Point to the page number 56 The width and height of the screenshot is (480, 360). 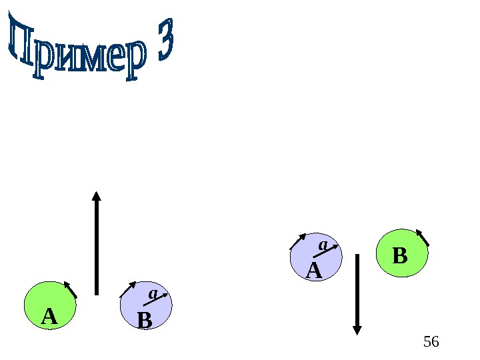click(431, 342)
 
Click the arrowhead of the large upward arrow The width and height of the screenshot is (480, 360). click(96, 196)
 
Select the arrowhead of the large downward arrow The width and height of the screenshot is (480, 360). click(357, 329)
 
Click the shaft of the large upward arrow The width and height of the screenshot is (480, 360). click(97, 247)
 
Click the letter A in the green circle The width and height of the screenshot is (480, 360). click(49, 317)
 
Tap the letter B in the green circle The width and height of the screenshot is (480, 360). click(399, 256)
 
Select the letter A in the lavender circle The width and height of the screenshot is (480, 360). click(313, 271)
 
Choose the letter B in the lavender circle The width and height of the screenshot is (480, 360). click(144, 321)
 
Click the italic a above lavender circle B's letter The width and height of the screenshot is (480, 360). click(152, 293)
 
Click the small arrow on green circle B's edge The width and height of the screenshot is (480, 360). click(422, 237)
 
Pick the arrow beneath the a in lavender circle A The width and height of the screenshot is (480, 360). click(325, 251)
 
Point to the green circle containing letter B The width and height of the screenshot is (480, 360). click(402, 253)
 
